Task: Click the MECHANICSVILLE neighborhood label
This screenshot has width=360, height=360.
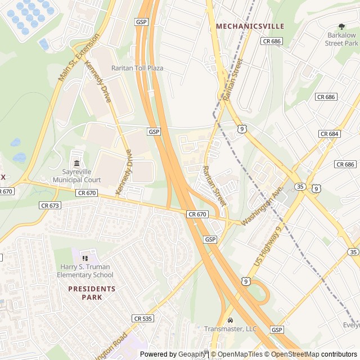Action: click(x=250, y=26)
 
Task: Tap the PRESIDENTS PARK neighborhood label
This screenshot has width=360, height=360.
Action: click(x=92, y=292)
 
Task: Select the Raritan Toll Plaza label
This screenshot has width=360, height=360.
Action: click(x=137, y=68)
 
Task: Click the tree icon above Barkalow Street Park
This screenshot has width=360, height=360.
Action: click(x=341, y=26)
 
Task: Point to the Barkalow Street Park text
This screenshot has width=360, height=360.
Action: click(x=341, y=39)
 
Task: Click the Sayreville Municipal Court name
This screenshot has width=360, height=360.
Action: click(x=77, y=176)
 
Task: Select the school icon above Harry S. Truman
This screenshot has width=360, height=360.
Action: click(x=85, y=258)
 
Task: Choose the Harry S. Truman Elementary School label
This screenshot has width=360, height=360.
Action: click(x=85, y=271)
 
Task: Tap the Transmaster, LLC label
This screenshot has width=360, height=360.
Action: click(x=231, y=329)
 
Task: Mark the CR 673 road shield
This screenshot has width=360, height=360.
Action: click(x=50, y=205)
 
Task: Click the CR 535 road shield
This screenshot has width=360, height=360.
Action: click(x=143, y=318)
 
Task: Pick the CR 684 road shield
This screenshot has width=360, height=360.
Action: click(x=329, y=133)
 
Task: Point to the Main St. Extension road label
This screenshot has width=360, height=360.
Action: click(x=79, y=57)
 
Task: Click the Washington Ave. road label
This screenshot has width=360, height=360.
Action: click(x=262, y=207)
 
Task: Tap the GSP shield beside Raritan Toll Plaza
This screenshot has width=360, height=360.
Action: click(x=141, y=21)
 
